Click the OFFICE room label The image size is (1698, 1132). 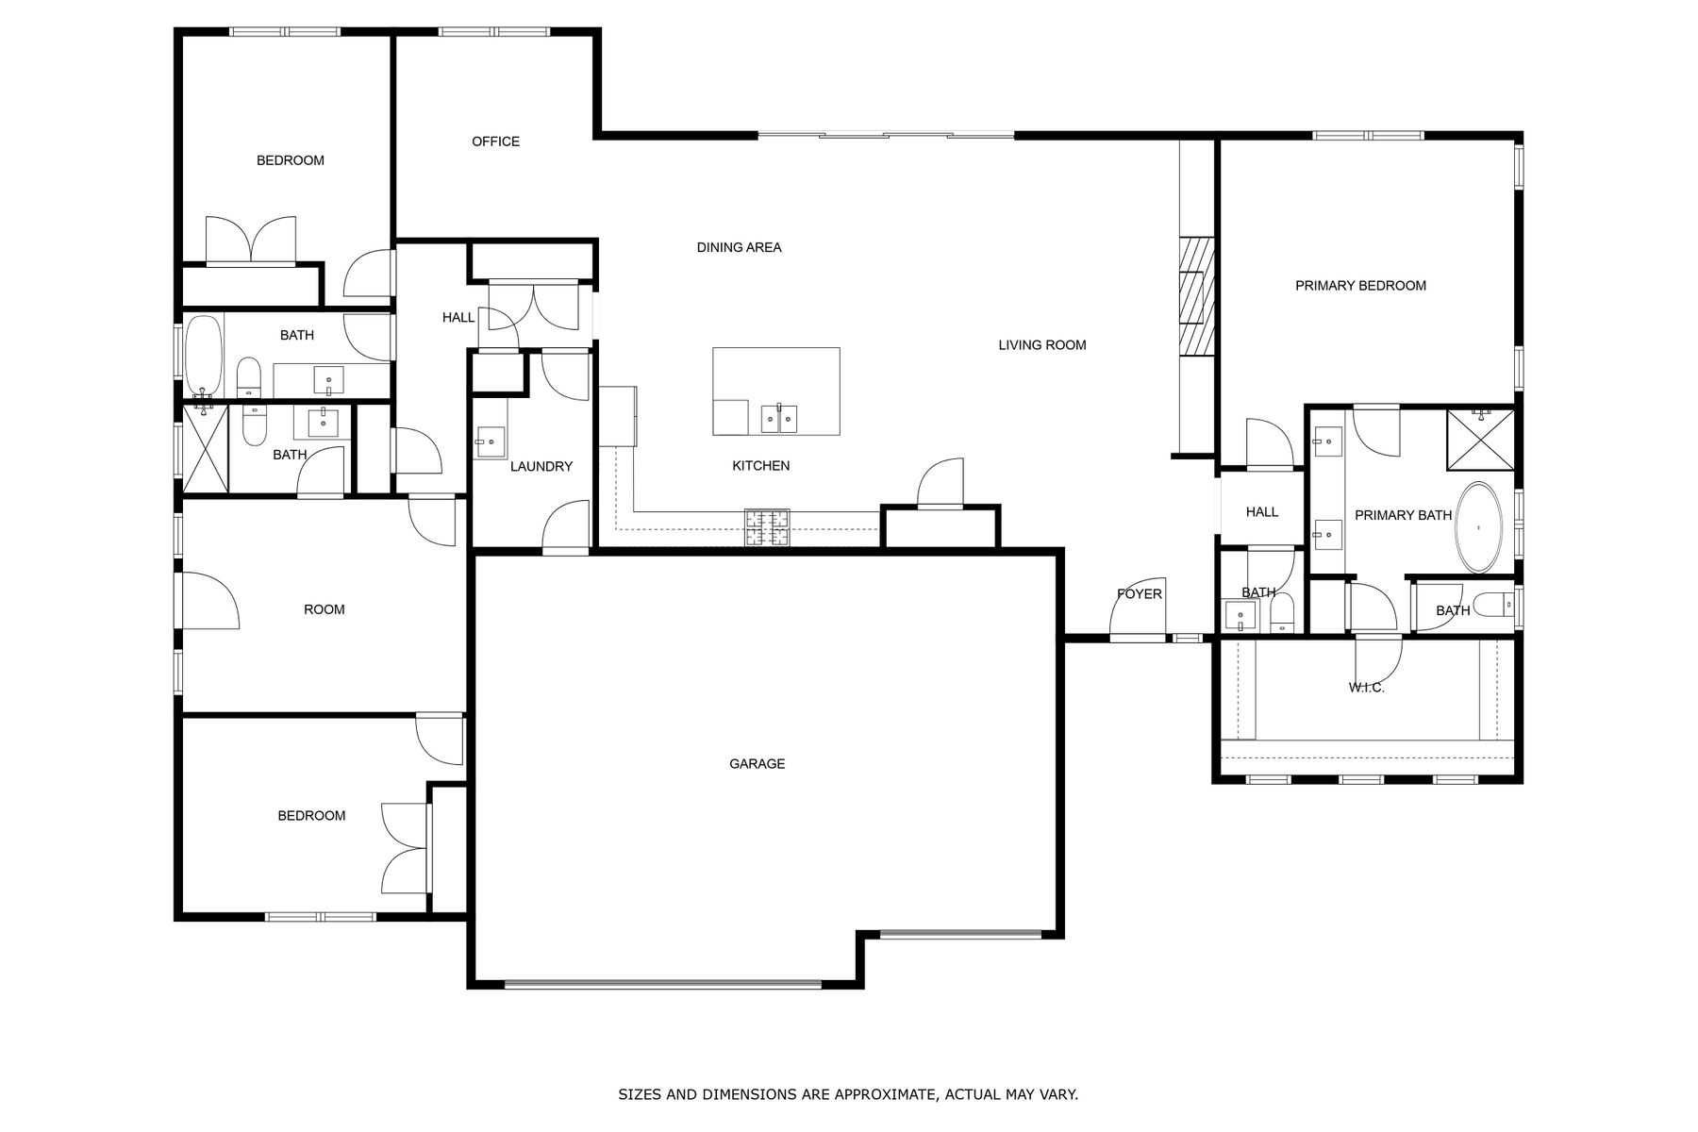click(x=495, y=141)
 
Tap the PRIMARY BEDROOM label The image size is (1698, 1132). click(x=1360, y=286)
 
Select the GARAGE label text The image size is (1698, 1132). click(x=757, y=764)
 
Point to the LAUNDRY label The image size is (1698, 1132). click(x=541, y=466)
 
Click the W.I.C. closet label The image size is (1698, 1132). click(x=1366, y=688)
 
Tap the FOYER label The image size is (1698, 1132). click(x=1140, y=594)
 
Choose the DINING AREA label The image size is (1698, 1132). click(x=740, y=248)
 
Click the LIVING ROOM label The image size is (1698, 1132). click(x=1042, y=345)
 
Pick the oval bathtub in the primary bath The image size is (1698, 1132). click(x=1478, y=527)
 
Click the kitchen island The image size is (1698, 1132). click(x=776, y=391)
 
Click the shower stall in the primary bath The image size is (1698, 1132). click(x=1481, y=439)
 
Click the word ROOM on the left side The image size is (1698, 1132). click(x=325, y=610)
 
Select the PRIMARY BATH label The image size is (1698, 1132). click(x=1404, y=515)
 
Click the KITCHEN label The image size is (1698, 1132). click(x=761, y=466)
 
